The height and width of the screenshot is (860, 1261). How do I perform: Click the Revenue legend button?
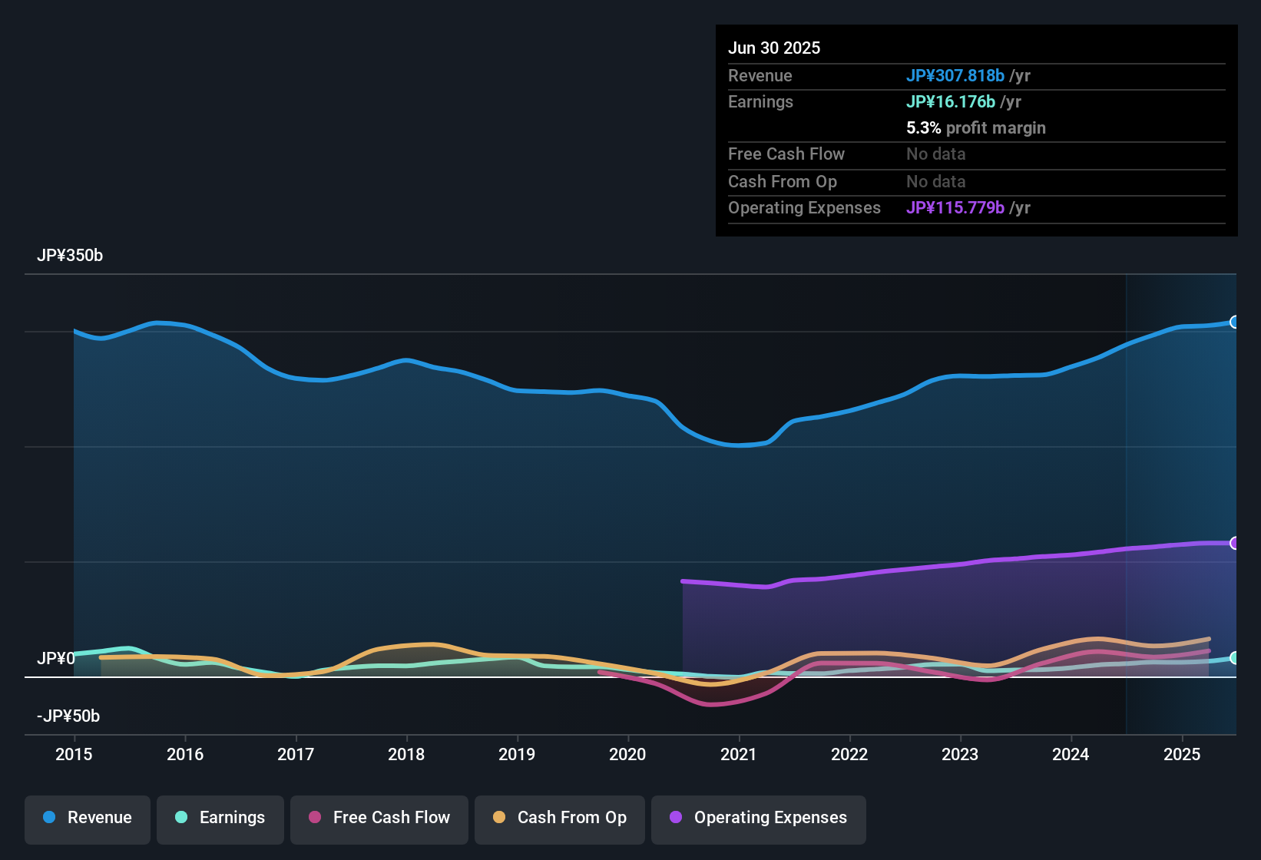click(88, 818)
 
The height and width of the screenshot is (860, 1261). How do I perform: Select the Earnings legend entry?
click(220, 818)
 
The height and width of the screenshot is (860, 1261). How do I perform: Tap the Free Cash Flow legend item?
click(379, 818)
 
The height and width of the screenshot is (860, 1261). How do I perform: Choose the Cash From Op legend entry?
click(560, 818)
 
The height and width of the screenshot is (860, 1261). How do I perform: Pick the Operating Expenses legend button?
click(759, 818)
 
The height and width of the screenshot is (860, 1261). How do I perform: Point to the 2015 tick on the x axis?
click(74, 754)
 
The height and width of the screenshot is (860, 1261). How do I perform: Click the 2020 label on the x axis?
click(627, 754)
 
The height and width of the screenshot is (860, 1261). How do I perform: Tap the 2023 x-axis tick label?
click(960, 754)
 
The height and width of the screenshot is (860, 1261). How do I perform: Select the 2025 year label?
click(1182, 754)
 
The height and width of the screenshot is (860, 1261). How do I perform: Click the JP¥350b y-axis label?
click(70, 256)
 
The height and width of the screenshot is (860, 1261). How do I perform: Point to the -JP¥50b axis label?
click(68, 716)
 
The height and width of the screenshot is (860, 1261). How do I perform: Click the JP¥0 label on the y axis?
click(56, 659)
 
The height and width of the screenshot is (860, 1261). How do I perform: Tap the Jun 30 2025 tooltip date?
click(774, 48)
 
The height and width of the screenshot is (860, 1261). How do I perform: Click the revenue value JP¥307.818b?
click(955, 76)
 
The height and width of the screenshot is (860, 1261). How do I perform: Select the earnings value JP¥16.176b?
click(951, 102)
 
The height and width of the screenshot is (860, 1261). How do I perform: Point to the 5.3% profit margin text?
click(975, 128)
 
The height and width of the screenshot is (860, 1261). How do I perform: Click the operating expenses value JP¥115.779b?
click(955, 208)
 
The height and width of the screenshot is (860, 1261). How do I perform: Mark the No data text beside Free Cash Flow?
click(935, 154)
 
